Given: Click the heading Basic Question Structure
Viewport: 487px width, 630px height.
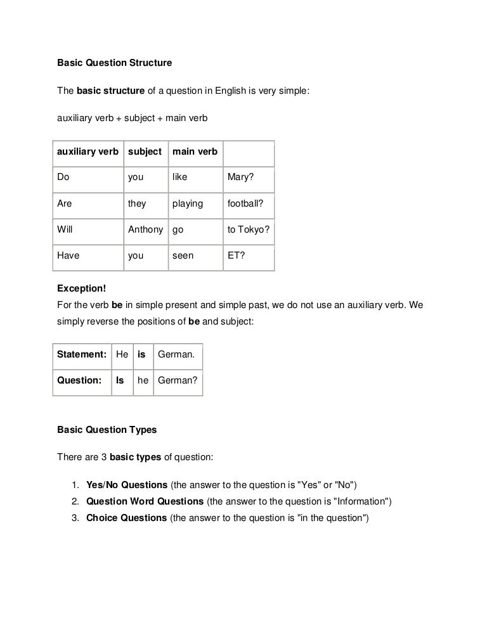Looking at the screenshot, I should coord(114,63).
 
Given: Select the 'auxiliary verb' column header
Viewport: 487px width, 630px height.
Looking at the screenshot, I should coord(88,151).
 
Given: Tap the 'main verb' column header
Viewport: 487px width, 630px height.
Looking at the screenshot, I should coord(195,151).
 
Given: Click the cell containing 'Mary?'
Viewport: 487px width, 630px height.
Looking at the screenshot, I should coord(240,177).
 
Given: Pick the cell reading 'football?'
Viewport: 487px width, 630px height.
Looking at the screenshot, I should coord(246,203).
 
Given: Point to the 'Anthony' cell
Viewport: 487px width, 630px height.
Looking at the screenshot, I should coord(146,229).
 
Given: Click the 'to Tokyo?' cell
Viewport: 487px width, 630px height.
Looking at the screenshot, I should coord(249,229).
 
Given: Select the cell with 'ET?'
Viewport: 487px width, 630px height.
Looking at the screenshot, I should coord(236,255).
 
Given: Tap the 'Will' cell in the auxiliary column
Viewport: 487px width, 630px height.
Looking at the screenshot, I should coord(65,229).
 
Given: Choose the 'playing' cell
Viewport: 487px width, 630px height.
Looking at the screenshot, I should coord(187,203).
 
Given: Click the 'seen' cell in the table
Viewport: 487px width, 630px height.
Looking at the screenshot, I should coord(183,255).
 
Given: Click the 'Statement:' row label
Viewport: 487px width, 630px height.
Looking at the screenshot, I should coord(81,354).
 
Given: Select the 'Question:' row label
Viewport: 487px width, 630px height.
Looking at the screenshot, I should coord(79,380).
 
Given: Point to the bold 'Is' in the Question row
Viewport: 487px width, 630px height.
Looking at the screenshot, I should coord(119,380).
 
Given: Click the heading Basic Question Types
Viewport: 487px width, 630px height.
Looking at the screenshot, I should coord(107,429).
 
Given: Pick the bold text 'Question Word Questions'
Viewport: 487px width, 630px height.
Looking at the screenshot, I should coord(145,501).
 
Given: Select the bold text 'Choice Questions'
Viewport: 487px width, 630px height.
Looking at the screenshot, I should coord(126,518).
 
